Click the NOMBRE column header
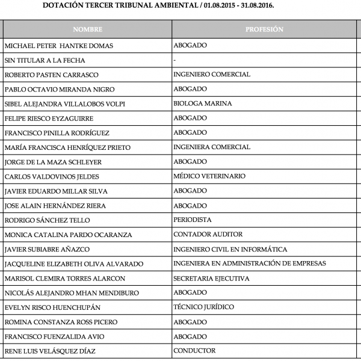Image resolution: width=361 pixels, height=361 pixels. coord(87,29)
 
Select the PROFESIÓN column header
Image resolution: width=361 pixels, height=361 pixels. coord(264,29)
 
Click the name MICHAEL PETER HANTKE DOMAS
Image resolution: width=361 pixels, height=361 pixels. coord(58,46)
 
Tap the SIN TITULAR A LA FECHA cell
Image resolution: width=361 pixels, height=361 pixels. coord(45,60)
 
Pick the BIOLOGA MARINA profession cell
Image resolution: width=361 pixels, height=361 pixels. coord(202,103)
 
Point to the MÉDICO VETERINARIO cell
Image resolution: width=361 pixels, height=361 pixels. coord(209,176)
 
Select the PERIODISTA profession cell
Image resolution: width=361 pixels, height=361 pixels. coord(193,220)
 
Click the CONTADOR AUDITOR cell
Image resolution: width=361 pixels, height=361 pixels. coord(208,235)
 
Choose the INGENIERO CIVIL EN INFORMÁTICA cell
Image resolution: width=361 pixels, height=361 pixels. coord(230,249)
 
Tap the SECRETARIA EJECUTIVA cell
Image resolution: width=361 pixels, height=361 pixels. coord(211,279)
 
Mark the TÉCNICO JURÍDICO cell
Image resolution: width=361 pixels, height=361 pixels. coord(203,307)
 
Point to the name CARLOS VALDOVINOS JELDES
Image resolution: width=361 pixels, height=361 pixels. coord(52,176)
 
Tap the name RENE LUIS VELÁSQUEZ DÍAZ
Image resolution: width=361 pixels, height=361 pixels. coord(54,351)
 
